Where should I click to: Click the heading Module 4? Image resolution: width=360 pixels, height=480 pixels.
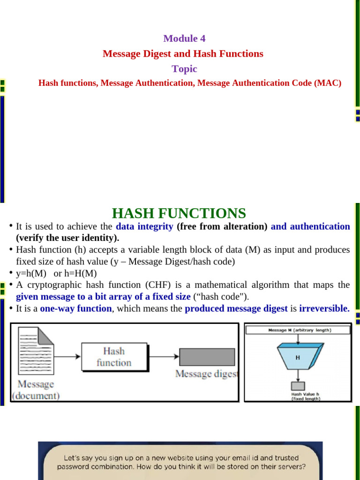tap(184, 38)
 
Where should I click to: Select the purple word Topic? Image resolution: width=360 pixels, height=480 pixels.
tap(184, 69)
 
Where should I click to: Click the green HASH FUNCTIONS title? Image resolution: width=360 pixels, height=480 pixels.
tap(179, 214)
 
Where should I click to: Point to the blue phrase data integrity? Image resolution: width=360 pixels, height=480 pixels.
tap(144, 226)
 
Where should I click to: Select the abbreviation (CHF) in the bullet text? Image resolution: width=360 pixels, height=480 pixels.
tap(158, 285)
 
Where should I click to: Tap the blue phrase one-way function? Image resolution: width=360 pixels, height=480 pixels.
tap(76, 308)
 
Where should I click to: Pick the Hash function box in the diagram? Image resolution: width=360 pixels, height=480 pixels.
tap(114, 357)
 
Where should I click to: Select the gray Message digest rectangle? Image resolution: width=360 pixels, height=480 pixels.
tap(207, 357)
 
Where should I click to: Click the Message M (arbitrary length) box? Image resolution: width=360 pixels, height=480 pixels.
tap(298, 330)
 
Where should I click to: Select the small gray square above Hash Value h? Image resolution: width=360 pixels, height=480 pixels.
tap(298, 386)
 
